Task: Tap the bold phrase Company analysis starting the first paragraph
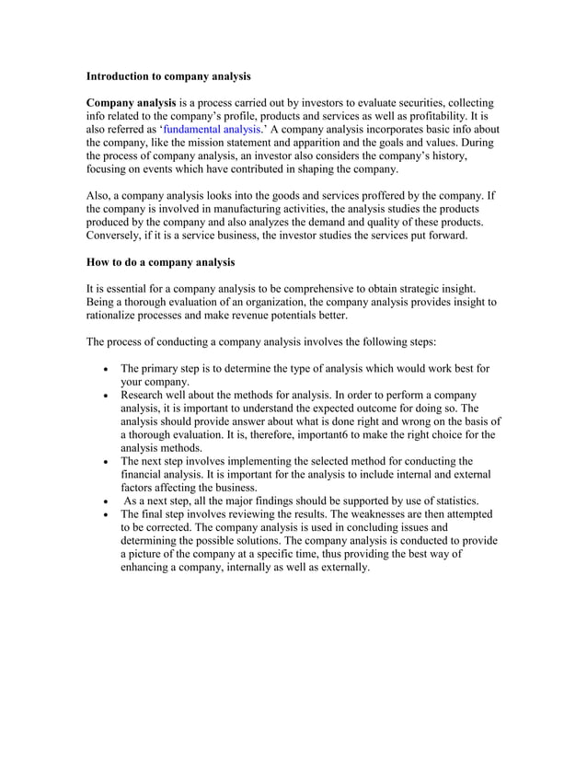(x=131, y=102)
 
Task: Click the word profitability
(x=441, y=116)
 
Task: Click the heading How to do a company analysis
(x=160, y=263)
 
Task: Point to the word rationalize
(x=115, y=317)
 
